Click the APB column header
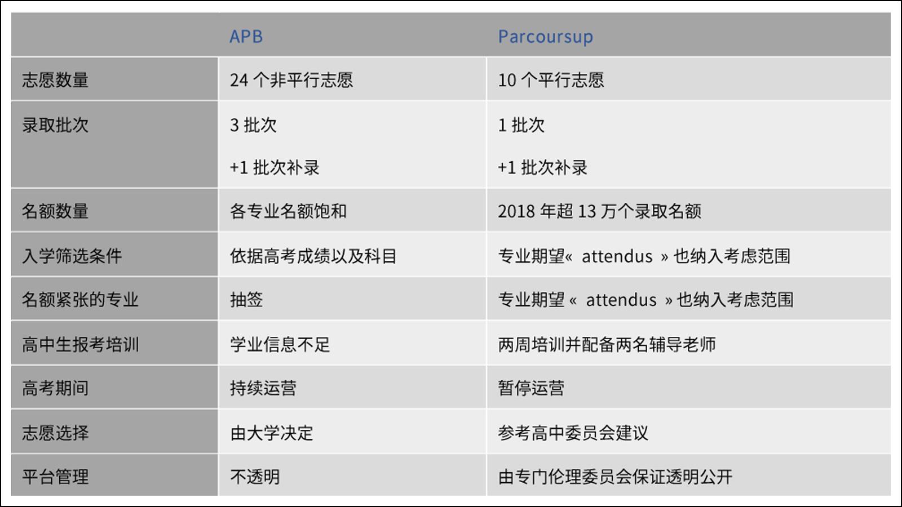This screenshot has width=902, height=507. pos(246,37)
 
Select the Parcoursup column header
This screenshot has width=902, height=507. pos(546,37)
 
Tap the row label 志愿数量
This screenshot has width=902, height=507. pos(55,79)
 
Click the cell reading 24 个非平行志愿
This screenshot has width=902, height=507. pos(291,80)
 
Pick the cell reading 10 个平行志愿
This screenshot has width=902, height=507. pos(551,80)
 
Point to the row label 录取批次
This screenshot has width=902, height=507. pos(55,124)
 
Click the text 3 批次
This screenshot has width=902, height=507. pos(253,125)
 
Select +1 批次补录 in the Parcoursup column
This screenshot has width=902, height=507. pos(543,167)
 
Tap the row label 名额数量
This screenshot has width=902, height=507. pos(55,211)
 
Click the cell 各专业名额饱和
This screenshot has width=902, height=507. pos(288,211)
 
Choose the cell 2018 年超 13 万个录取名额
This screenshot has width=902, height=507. pos(600,211)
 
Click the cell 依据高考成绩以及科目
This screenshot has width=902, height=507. pos(313,256)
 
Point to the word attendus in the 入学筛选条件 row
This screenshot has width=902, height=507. pos(617,256)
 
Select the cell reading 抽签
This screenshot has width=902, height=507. pos(246,300)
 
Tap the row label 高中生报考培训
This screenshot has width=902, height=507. pos(80,344)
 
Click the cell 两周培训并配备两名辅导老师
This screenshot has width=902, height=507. pos(607,344)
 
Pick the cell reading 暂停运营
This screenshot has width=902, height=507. pos(531,388)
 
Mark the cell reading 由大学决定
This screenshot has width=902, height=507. pos(271,433)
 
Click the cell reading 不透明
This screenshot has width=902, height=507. pos(255,477)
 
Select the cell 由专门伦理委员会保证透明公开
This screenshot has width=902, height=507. pos(615,477)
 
